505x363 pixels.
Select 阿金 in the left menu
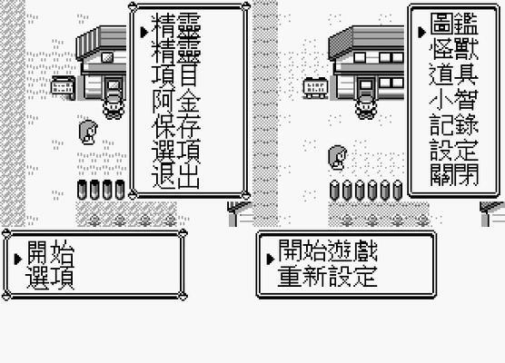pyautogui.click(x=176, y=102)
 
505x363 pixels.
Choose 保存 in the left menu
pyautogui.click(x=176, y=126)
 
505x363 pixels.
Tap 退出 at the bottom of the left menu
pyautogui.click(x=176, y=177)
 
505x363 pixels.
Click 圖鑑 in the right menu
pyautogui.click(x=454, y=25)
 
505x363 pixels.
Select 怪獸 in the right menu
pyautogui.click(x=454, y=50)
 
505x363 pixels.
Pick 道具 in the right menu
pyautogui.click(x=454, y=74)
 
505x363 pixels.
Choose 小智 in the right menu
pyautogui.click(x=454, y=100)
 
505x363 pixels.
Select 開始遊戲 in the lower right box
pyautogui.click(x=328, y=251)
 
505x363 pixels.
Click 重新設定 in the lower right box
pyautogui.click(x=328, y=276)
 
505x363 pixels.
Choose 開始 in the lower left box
pyautogui.click(x=50, y=252)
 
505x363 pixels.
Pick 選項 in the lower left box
pyautogui.click(x=50, y=277)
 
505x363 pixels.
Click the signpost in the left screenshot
pyautogui.click(x=64, y=87)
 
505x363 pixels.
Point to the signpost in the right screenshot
pyautogui.click(x=316, y=87)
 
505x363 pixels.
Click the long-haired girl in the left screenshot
pyautogui.click(x=88, y=132)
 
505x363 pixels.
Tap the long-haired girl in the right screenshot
pyautogui.click(x=338, y=157)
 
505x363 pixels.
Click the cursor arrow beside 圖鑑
pyautogui.click(x=422, y=32)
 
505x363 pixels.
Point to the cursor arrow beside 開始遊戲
pyautogui.click(x=271, y=259)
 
